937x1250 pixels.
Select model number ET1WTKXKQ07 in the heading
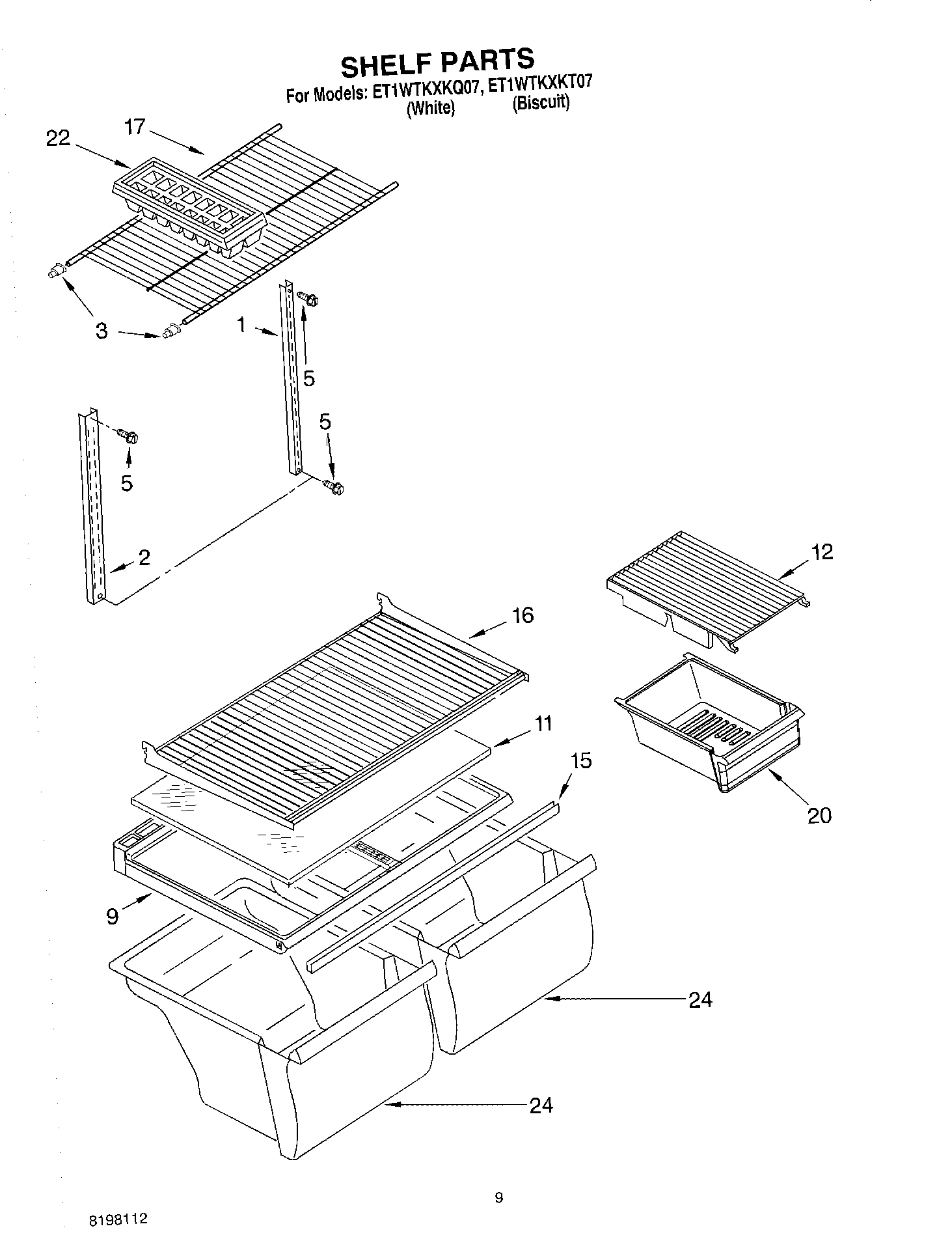(x=427, y=92)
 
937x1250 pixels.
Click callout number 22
(x=58, y=138)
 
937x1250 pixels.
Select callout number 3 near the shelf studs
(x=102, y=331)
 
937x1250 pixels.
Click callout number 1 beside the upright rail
(x=242, y=324)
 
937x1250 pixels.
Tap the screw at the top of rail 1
(x=308, y=299)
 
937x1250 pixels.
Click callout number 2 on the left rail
(x=144, y=557)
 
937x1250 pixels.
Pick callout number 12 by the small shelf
(x=822, y=552)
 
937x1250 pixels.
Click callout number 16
(x=523, y=615)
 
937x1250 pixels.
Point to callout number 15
(x=580, y=760)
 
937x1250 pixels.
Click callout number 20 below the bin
(x=819, y=815)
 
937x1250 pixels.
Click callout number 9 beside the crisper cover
(x=112, y=917)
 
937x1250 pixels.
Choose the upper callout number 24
(x=700, y=1000)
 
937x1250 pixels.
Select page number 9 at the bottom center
(x=498, y=1197)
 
